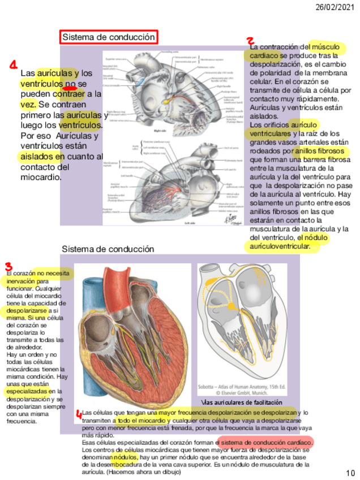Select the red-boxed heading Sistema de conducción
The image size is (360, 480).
coord(108,37)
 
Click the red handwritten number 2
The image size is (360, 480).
coord(250,41)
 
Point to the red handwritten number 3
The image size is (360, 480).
coord(8,267)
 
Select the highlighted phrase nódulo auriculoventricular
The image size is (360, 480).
coord(288,242)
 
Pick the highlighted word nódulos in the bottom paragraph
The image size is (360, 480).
coord(125,456)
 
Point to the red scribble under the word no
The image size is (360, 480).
coord(70,88)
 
